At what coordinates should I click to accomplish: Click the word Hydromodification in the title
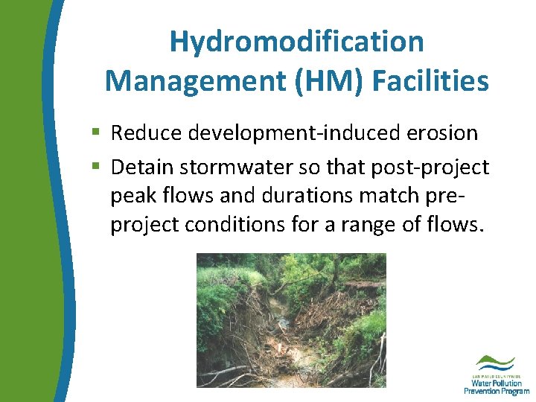pos(296,42)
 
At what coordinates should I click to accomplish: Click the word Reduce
pos(147,133)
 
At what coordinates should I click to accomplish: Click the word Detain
pos(145,167)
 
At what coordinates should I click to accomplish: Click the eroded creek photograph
pos(291,320)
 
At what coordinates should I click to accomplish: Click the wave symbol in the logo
pos(495,362)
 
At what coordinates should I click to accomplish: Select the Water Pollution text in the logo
pos(496,383)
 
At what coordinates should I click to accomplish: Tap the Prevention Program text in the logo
pos(496,391)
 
